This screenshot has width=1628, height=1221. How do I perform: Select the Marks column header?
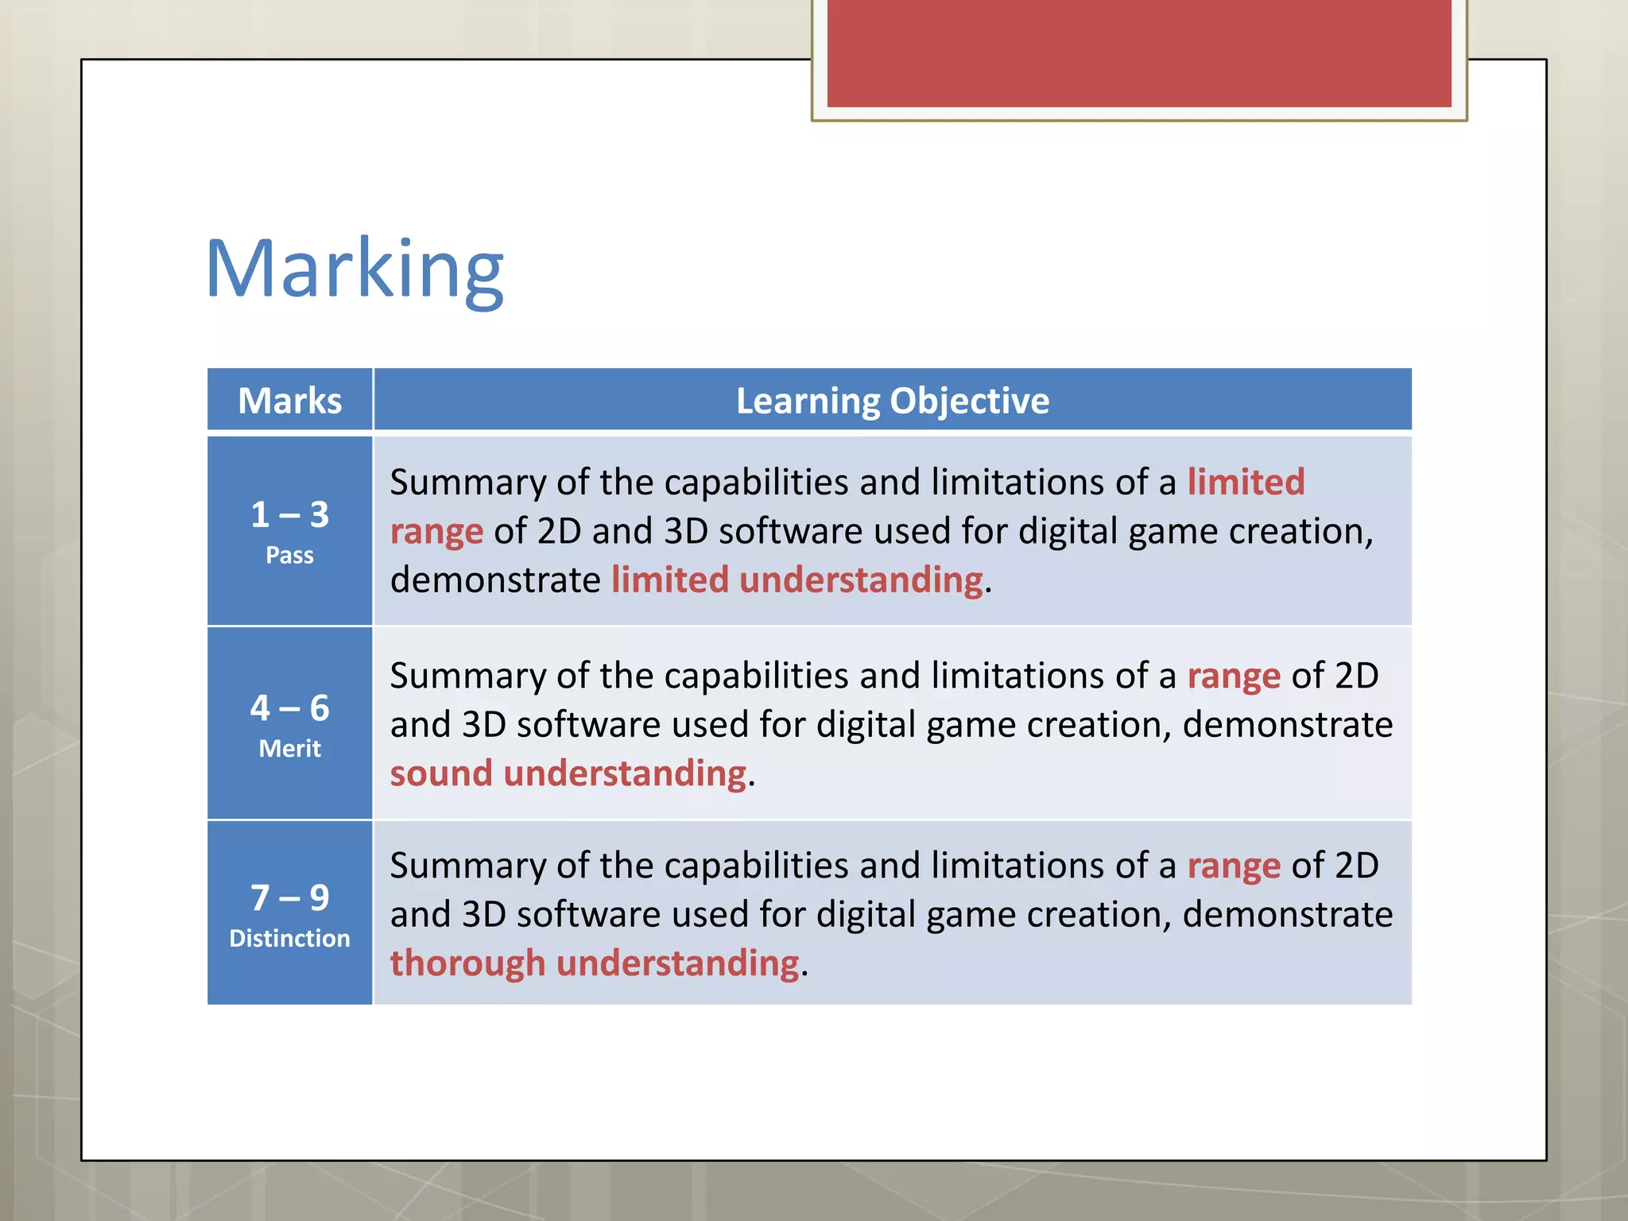(x=289, y=401)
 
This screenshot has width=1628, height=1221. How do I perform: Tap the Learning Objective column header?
(x=892, y=401)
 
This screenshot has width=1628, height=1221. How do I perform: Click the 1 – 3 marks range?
(x=289, y=514)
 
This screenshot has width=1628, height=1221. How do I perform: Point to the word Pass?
(x=289, y=555)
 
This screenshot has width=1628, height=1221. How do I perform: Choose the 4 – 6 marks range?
(x=289, y=707)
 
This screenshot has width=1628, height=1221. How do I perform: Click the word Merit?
(x=289, y=748)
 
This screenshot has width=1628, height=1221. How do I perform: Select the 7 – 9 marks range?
(x=289, y=897)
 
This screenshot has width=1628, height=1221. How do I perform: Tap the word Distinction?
(x=289, y=938)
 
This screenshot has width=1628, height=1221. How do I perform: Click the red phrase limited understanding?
(x=797, y=579)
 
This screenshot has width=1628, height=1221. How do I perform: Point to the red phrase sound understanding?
(x=568, y=773)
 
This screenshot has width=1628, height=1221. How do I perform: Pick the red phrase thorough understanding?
(x=594, y=963)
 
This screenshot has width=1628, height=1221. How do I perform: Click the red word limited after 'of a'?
(x=1246, y=482)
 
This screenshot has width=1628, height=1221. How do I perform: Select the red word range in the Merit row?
(x=1233, y=676)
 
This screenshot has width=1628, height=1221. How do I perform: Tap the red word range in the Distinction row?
(x=1233, y=866)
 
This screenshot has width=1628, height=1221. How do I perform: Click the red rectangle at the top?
(x=1138, y=52)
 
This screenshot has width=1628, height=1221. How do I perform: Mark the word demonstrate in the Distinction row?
(x=1287, y=914)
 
